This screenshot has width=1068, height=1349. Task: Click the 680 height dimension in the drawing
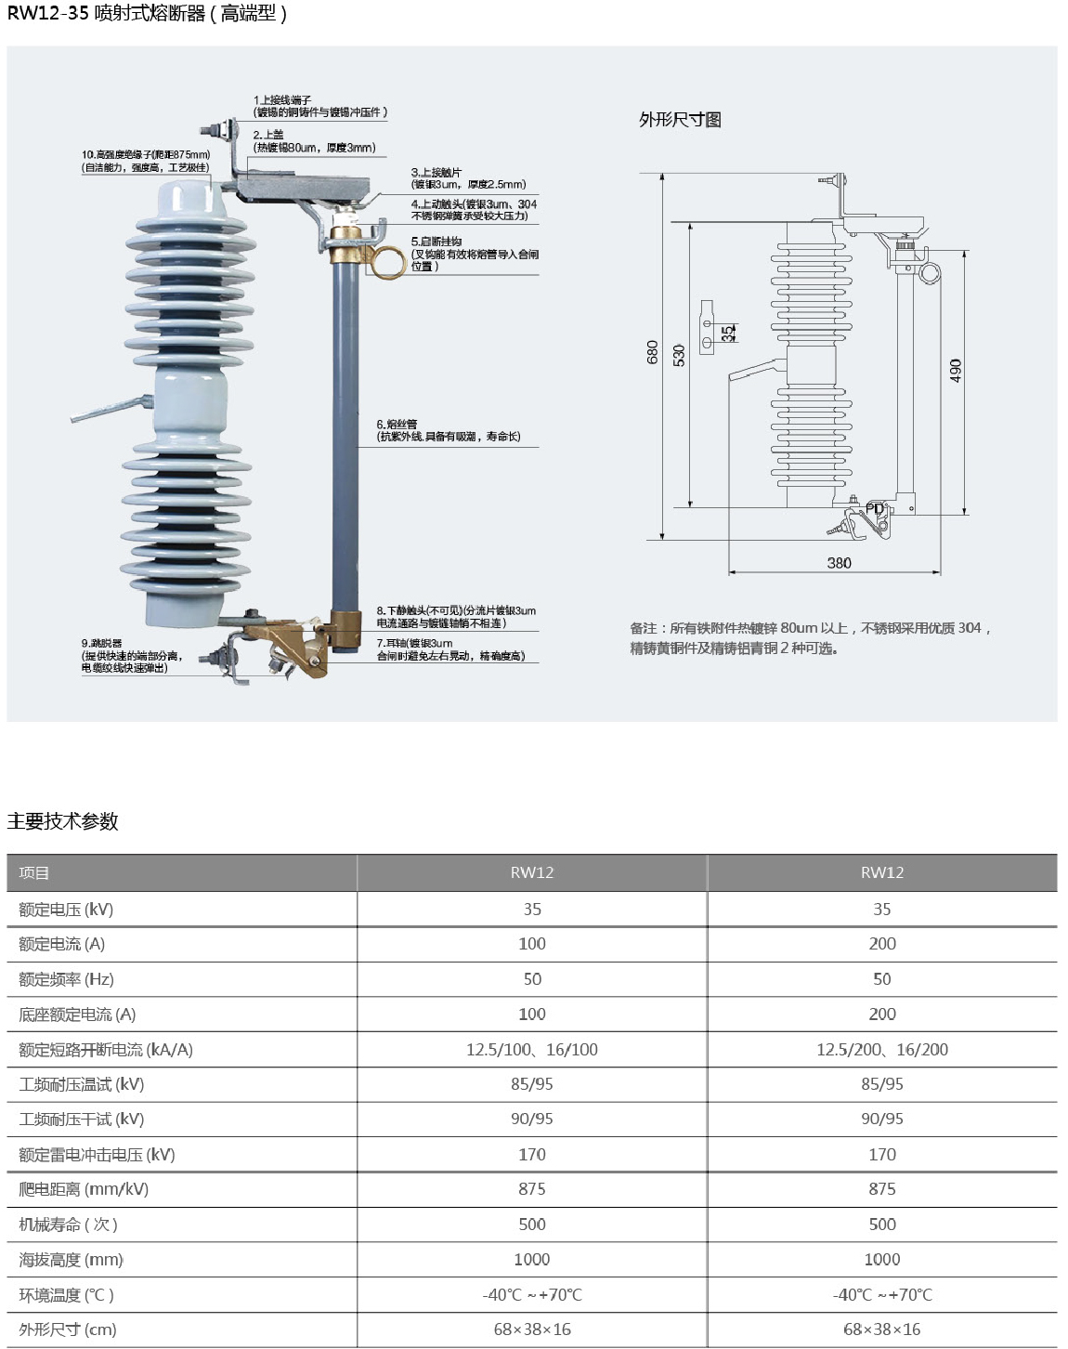point(652,352)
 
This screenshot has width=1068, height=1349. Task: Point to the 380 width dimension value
point(839,563)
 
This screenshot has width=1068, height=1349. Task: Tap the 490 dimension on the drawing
point(956,371)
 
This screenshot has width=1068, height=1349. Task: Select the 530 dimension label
point(679,355)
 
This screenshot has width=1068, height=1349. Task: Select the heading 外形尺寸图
point(680,120)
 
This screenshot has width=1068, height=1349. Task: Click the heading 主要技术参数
point(63,821)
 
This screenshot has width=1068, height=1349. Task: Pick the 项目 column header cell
point(34,873)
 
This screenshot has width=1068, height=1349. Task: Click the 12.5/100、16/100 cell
point(532,1050)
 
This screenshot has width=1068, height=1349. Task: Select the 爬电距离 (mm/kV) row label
point(84,1189)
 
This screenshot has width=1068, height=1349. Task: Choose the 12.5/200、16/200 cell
point(882,1050)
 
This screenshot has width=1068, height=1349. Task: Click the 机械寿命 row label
point(69,1225)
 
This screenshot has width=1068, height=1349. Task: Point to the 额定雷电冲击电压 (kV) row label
point(97,1155)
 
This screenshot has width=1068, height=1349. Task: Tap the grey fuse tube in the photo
point(345,427)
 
